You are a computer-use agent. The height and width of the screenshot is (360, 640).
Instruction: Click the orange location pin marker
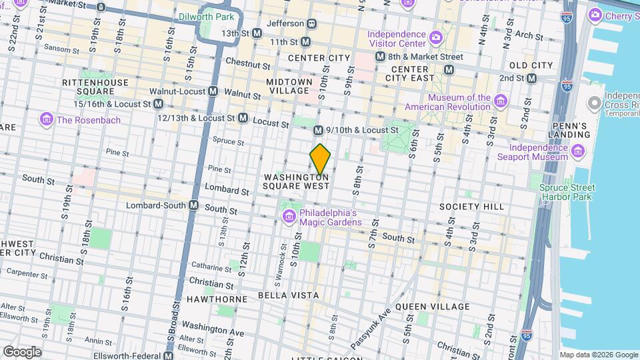tap(321, 159)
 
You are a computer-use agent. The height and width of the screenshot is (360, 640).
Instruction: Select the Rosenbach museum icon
tap(47, 120)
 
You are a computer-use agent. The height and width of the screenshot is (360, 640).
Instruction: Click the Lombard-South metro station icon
tap(194, 205)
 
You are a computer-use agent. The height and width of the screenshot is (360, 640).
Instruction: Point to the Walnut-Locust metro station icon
tap(213, 91)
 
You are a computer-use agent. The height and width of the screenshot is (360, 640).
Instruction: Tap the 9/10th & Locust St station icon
tap(318, 130)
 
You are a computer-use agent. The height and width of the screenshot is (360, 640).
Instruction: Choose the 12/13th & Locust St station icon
tap(243, 118)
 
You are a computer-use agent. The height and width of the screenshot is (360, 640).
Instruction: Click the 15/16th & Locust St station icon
tap(159, 104)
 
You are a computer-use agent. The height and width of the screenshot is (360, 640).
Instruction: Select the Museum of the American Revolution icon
tap(501, 101)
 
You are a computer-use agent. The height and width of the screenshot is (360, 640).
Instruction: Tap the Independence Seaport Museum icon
tap(579, 152)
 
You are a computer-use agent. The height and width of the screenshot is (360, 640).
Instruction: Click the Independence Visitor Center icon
tap(435, 36)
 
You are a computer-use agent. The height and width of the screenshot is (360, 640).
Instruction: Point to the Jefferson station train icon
tap(311, 23)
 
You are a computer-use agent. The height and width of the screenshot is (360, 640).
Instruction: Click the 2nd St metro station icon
tap(531, 78)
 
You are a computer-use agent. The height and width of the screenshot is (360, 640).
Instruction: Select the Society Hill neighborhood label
tap(471, 207)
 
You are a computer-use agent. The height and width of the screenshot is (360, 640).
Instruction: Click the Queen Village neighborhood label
tap(432, 307)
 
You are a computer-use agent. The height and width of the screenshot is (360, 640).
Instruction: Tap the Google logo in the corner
tap(22, 351)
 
